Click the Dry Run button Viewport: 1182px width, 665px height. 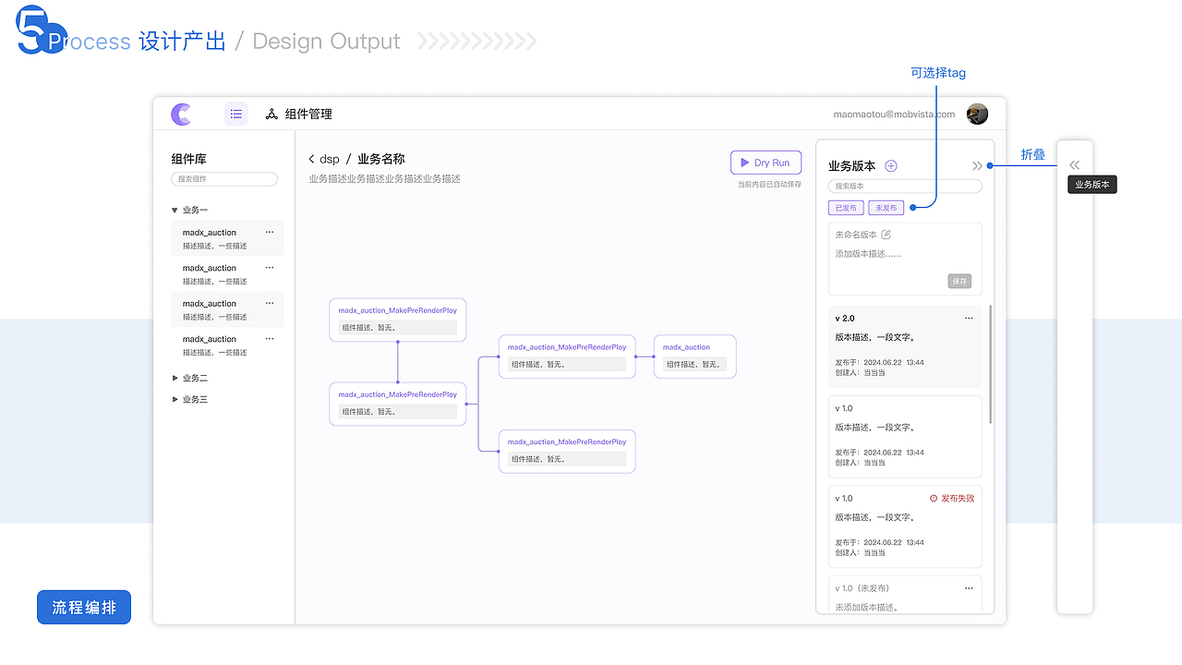point(766,163)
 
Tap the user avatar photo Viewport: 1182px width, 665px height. point(977,114)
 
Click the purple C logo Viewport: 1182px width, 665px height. point(181,115)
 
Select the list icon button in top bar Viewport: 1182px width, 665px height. point(236,114)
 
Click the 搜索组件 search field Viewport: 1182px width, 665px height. point(224,179)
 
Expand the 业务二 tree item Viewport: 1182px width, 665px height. point(175,378)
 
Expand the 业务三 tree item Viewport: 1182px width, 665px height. point(175,399)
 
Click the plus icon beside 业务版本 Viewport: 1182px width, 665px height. point(891,166)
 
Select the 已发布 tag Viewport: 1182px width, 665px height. point(846,209)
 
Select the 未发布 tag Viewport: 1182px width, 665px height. point(886,209)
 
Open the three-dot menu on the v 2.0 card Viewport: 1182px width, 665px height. point(969,318)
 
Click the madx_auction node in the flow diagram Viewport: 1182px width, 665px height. point(694,356)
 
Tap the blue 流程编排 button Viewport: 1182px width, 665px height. point(84,608)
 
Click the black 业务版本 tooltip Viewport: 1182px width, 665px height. point(1092,185)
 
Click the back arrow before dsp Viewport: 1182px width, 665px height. point(312,160)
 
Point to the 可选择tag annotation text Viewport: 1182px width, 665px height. point(937,73)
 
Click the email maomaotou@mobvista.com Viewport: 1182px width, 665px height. point(893,115)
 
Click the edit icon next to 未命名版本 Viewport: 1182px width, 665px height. point(886,235)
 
